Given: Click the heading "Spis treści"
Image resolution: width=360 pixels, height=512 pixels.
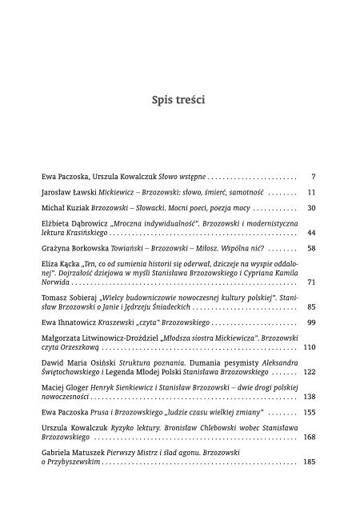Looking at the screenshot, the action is tap(179, 101).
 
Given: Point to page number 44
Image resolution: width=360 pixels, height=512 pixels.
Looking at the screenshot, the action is tap(312, 234).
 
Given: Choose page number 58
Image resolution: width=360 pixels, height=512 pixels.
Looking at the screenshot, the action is tap(312, 250).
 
